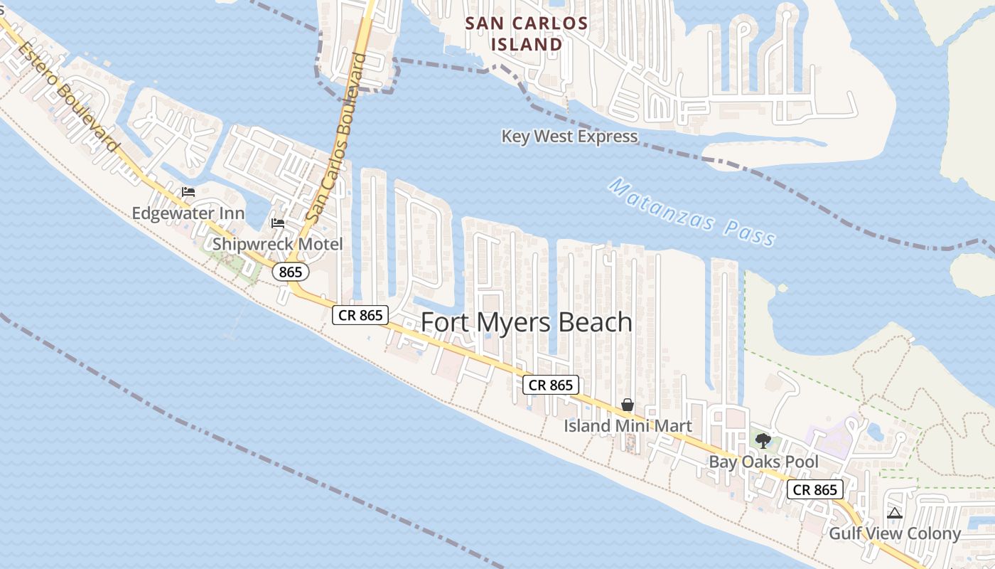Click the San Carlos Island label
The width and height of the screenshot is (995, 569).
[x=526, y=33]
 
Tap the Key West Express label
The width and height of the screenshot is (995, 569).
[x=569, y=136]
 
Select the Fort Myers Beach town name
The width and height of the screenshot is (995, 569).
[x=527, y=322]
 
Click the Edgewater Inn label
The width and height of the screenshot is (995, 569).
[x=188, y=213]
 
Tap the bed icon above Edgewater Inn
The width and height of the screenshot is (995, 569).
[x=188, y=192]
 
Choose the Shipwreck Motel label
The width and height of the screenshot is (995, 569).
[x=278, y=244]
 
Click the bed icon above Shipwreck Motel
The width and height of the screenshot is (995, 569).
[x=278, y=223]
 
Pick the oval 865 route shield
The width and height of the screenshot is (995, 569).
[x=290, y=272]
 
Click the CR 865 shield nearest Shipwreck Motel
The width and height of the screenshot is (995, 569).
[x=360, y=314]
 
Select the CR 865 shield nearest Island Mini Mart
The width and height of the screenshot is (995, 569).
[x=551, y=385]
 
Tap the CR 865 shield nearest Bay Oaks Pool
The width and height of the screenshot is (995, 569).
[x=815, y=489]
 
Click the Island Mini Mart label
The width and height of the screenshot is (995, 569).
[x=628, y=426]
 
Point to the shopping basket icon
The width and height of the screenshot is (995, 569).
[x=628, y=405]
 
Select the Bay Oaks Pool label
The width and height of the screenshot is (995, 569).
[x=763, y=462]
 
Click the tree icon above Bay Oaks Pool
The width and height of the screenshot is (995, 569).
[x=763, y=441]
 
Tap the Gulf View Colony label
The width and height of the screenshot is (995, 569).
[x=895, y=533]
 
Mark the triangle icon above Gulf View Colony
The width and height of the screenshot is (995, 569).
[x=895, y=513]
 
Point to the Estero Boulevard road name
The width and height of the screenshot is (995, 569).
[x=68, y=96]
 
